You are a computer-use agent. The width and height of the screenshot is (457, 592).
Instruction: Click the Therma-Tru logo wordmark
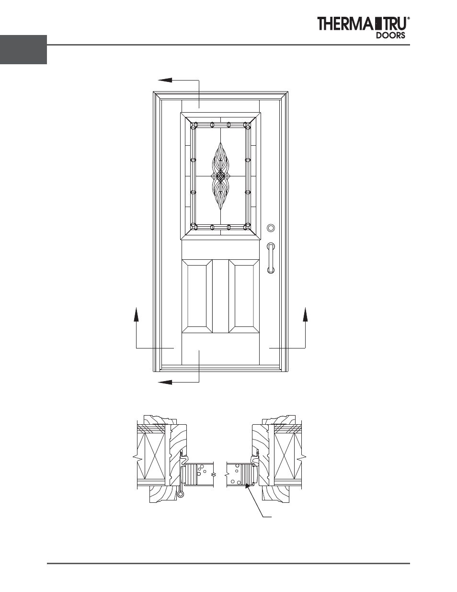pyautogui.click(x=363, y=23)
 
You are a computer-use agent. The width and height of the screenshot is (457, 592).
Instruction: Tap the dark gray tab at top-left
pyautogui.click(x=23, y=49)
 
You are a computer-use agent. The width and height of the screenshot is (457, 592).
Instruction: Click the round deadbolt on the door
pyautogui.click(x=271, y=228)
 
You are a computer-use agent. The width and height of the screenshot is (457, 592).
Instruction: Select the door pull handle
pyautogui.click(x=271, y=258)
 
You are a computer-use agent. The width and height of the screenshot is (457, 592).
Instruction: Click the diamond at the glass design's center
pyautogui.click(x=220, y=176)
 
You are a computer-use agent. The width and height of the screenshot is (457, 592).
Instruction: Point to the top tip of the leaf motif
pyautogui.click(x=220, y=143)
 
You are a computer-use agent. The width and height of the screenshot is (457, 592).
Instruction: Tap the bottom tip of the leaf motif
pyautogui.click(x=220, y=209)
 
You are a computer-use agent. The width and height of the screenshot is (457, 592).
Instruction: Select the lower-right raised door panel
pyautogui.click(x=244, y=296)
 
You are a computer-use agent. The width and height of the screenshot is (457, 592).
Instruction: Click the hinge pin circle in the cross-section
pyautogui.click(x=181, y=494)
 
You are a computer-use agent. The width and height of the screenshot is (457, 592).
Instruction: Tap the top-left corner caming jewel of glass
pyautogui.click(x=194, y=126)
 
